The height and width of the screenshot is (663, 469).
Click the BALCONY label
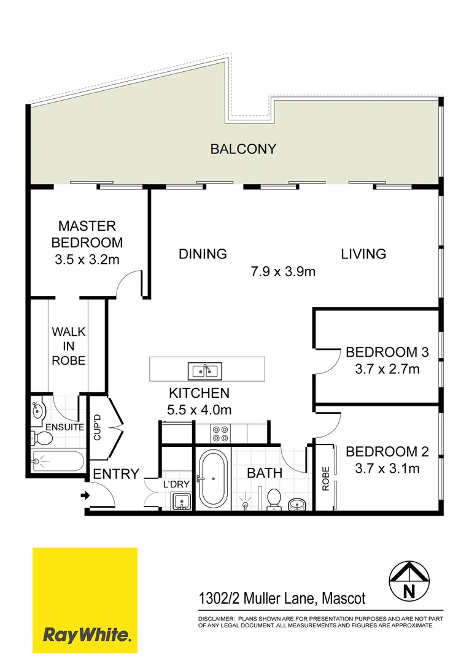(x=243, y=149)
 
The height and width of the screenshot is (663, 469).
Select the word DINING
(x=203, y=254)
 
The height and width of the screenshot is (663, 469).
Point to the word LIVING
(x=363, y=254)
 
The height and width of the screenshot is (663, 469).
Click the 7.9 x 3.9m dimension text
(x=283, y=271)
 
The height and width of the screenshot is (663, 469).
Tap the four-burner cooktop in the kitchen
(x=220, y=433)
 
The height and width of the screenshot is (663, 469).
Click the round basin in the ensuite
(x=37, y=409)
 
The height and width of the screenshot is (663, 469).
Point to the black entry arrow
(x=83, y=495)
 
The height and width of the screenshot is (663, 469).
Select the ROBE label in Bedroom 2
(x=325, y=479)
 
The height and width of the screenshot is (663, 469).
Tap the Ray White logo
(x=85, y=601)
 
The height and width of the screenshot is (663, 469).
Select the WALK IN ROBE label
(x=68, y=346)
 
